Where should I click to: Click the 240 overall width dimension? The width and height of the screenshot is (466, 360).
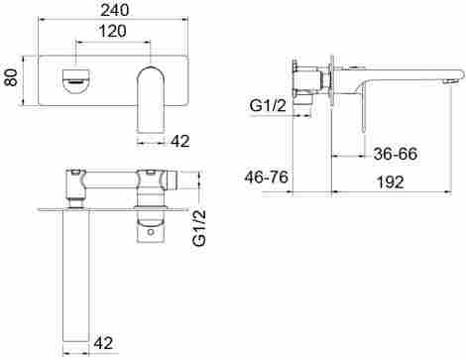click(x=115, y=10)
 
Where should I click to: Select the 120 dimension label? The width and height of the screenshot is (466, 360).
click(x=113, y=31)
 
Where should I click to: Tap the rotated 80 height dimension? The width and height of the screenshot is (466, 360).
click(x=12, y=77)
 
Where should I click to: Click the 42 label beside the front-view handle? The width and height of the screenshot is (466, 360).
click(x=180, y=141)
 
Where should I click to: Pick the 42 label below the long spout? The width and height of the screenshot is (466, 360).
click(x=103, y=343)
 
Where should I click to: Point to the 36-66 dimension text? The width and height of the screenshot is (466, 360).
click(x=396, y=154)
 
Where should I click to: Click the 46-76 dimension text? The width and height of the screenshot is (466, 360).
click(x=266, y=178)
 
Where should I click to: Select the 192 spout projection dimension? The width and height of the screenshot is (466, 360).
click(x=391, y=182)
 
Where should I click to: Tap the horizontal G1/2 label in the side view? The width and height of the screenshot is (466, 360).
click(x=268, y=106)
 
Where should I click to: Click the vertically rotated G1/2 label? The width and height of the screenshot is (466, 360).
click(x=199, y=228)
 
